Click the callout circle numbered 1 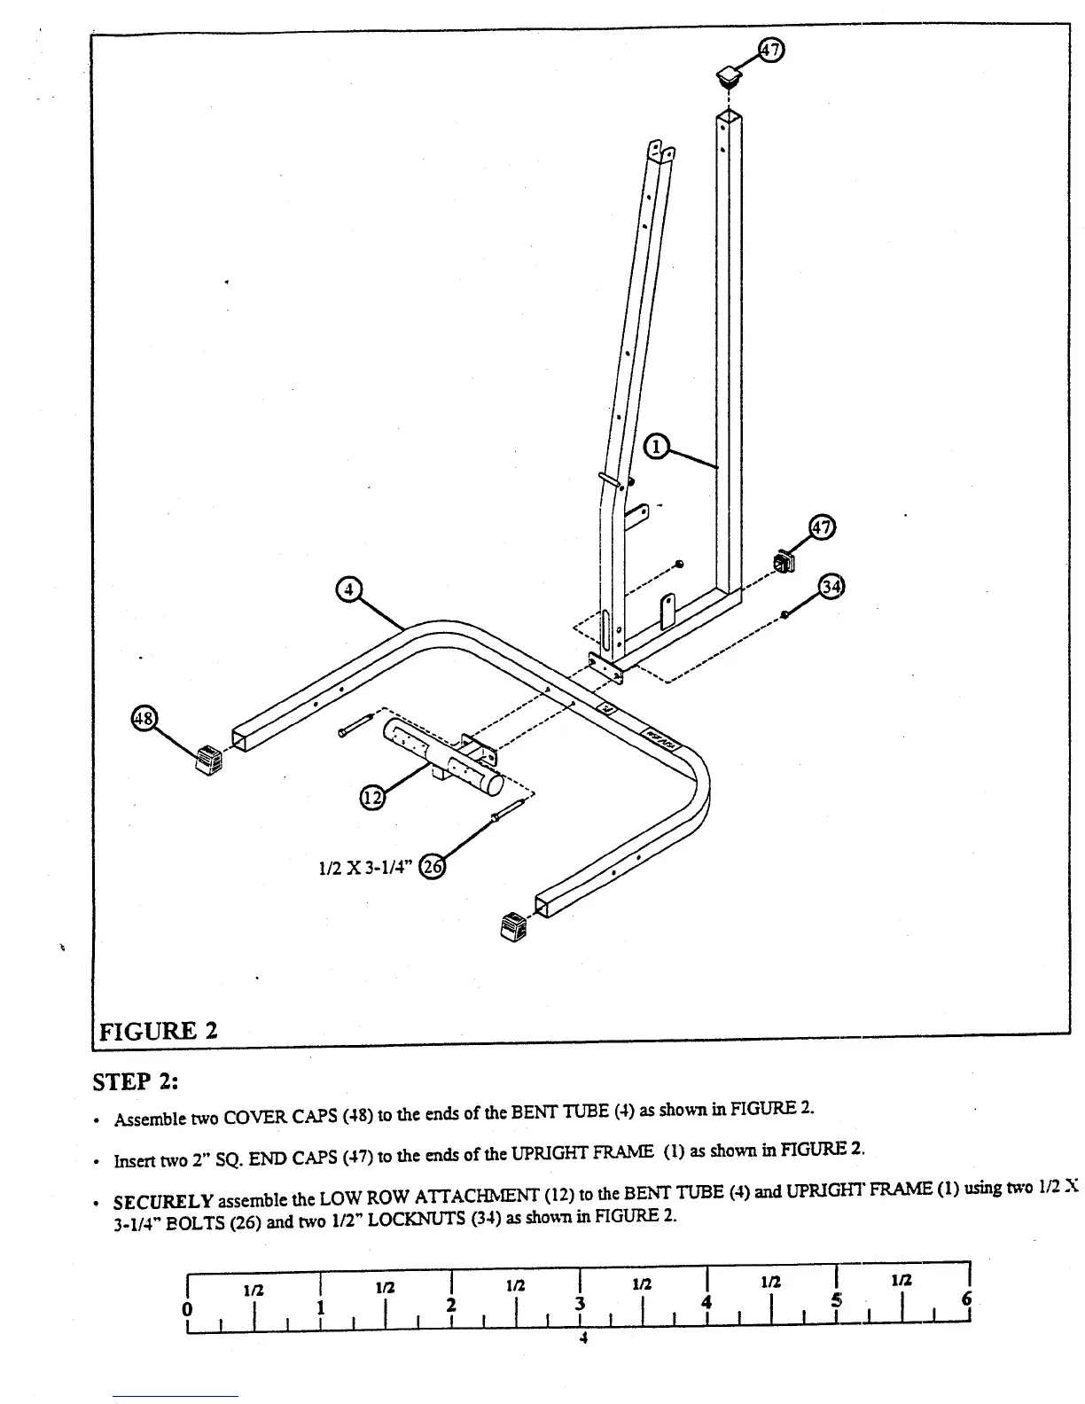click(x=656, y=447)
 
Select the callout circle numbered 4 click(x=349, y=589)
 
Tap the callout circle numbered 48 click(x=143, y=718)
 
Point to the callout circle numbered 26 click(x=432, y=866)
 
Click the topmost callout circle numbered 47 click(x=771, y=51)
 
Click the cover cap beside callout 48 click(x=209, y=759)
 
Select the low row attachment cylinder click(x=441, y=758)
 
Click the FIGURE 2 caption click(x=159, y=1031)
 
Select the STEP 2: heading click(x=136, y=1082)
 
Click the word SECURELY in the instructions click(x=163, y=1202)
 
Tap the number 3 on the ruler click(x=581, y=1304)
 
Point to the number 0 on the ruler click(x=186, y=1308)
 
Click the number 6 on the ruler click(x=965, y=1299)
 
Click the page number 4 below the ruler click(x=582, y=1338)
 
